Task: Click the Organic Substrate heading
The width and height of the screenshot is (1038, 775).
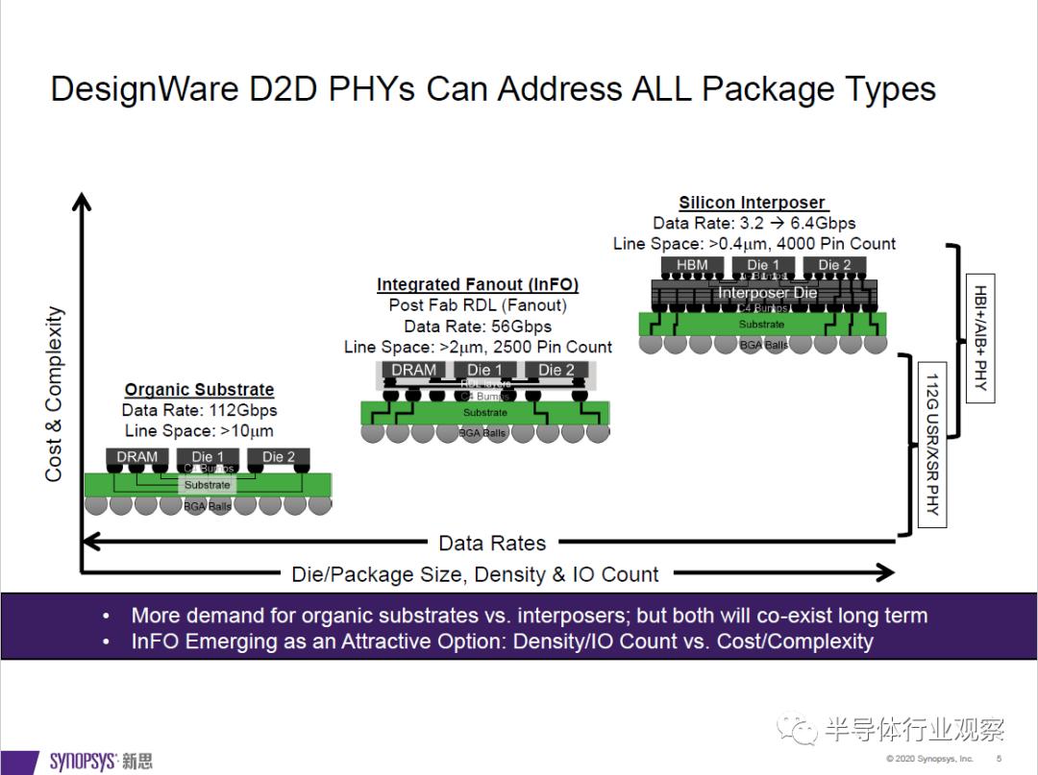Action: (199, 390)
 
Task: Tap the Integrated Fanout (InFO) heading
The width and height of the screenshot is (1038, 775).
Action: (478, 284)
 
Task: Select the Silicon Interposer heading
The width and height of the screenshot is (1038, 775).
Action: (752, 203)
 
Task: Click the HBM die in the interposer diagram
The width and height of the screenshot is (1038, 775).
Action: (692, 265)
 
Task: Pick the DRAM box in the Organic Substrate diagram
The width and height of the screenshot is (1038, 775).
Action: (136, 457)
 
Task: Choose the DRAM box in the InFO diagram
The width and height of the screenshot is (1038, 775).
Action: (414, 370)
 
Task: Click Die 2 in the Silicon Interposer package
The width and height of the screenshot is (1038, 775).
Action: (834, 265)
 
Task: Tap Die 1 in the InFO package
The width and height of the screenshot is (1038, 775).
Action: (484, 370)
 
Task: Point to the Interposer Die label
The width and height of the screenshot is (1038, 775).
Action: (767, 292)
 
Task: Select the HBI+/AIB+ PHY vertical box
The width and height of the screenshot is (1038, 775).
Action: (979, 341)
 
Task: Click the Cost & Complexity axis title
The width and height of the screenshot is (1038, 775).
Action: (54, 394)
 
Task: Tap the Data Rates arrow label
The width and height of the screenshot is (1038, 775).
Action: (492, 543)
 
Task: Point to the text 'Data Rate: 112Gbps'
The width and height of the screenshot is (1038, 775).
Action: (199, 410)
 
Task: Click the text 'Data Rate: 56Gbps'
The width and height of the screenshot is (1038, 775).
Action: (478, 327)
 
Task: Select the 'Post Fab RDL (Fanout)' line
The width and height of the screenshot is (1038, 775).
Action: (478, 305)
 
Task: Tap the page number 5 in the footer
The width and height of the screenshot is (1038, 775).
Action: (998, 759)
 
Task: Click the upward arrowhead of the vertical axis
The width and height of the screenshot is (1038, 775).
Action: (82, 200)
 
